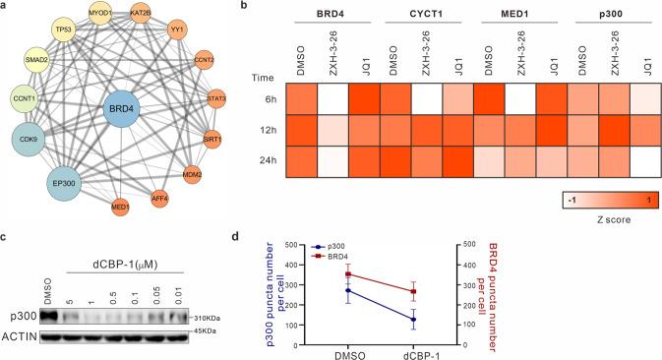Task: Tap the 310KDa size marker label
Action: click(203, 317)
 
